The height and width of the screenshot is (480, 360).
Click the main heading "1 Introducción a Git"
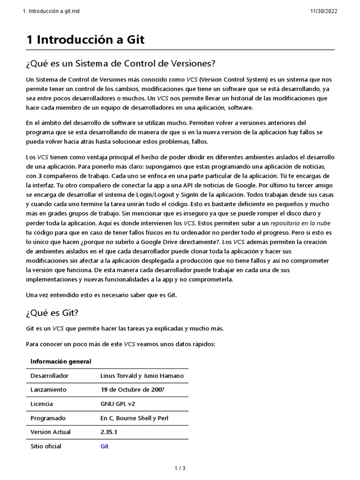click(x=85, y=40)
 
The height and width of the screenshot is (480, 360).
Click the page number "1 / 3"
click(x=180, y=468)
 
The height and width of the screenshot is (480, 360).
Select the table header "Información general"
click(x=61, y=361)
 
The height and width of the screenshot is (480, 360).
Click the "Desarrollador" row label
click(x=49, y=376)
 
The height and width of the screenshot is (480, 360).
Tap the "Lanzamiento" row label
click(x=48, y=390)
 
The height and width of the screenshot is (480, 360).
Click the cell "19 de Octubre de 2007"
click(x=133, y=390)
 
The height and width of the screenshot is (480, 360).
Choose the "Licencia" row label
click(x=42, y=404)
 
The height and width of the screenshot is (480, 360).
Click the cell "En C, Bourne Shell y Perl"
click(x=135, y=418)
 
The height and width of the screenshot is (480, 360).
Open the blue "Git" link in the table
click(x=105, y=446)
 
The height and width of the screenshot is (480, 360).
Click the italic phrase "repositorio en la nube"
click(x=300, y=224)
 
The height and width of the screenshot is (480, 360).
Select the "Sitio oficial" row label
click(x=46, y=446)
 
